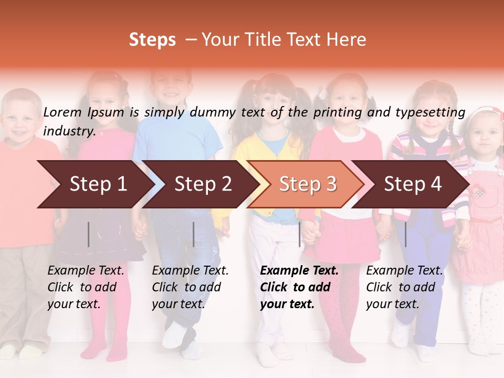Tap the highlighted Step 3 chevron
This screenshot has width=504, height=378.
tap(308, 184)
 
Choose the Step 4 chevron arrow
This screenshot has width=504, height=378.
tap(413, 184)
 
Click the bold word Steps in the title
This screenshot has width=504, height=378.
tap(152, 39)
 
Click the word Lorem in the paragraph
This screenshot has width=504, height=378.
tap(62, 112)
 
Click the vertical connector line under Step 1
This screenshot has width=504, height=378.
tap(89, 234)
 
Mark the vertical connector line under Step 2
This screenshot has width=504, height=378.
tap(194, 234)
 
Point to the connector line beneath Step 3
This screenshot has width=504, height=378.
tap(300, 234)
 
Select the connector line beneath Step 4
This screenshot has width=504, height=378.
tap(405, 234)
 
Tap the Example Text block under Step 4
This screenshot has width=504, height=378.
tap(404, 287)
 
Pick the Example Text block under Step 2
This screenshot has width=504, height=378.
tap(190, 287)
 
